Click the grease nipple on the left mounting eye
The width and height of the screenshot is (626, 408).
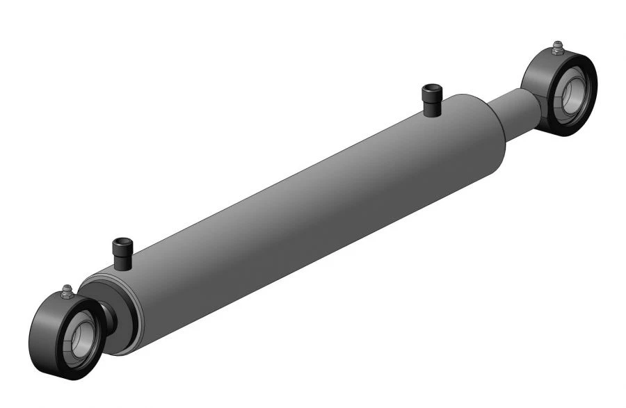click(x=67, y=290)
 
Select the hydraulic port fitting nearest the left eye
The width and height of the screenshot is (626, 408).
click(x=122, y=254)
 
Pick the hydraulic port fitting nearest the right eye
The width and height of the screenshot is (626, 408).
click(x=431, y=101)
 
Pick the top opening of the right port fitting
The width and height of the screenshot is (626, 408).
click(x=431, y=88)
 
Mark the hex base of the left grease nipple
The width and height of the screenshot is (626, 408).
click(x=67, y=295)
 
